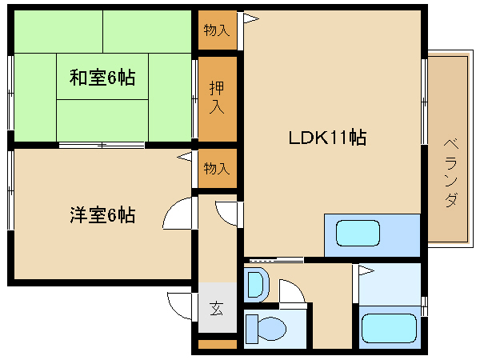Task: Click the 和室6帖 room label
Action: (x=102, y=78)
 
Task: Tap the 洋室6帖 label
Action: (x=102, y=215)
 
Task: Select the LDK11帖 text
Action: (x=327, y=138)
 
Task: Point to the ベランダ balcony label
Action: (x=451, y=173)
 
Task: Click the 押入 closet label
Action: (x=217, y=98)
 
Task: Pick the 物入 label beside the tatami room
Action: (x=217, y=30)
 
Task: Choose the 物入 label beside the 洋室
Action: (x=217, y=168)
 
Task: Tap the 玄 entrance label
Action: (x=217, y=308)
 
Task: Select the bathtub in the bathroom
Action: (x=389, y=328)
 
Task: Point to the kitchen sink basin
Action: (x=358, y=234)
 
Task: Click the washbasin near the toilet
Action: (x=256, y=286)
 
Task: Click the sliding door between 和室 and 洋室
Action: (x=102, y=145)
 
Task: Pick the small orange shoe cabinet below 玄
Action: (x=218, y=344)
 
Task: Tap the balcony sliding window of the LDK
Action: (x=424, y=102)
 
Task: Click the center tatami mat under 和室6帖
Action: (x=102, y=77)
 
